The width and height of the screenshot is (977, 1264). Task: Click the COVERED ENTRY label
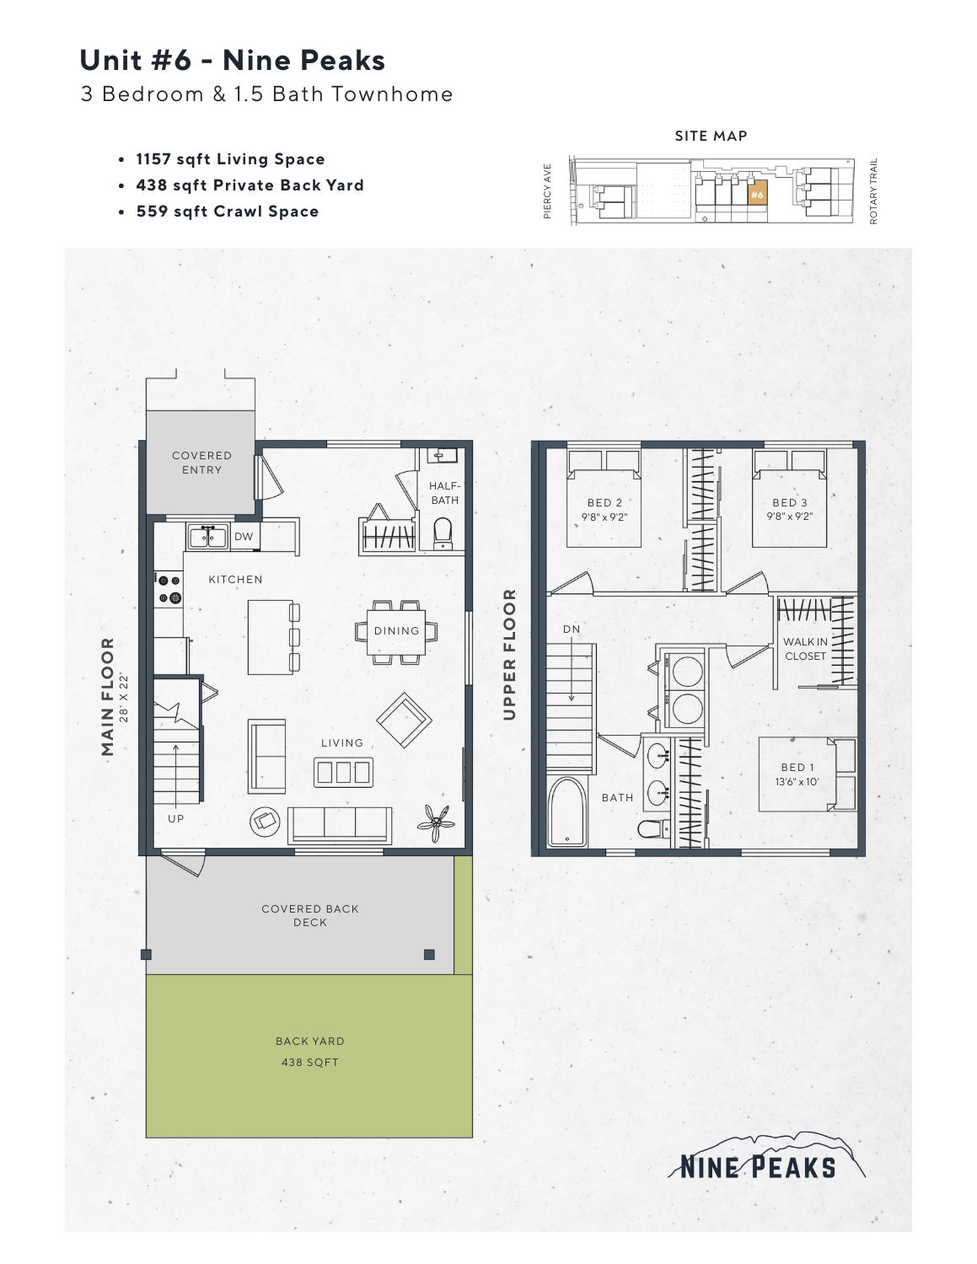(201, 463)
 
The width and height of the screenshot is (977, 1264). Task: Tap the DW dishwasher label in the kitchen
(244, 537)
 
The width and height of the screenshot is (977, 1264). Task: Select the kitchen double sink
(207, 536)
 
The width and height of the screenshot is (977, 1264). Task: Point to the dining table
(396, 631)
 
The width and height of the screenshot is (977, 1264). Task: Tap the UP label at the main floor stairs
(175, 818)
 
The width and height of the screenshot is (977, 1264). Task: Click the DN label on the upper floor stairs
(572, 629)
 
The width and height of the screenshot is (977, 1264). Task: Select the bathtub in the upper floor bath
(566, 811)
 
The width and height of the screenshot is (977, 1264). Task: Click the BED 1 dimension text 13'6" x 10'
(797, 782)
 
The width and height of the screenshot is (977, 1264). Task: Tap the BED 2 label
(604, 503)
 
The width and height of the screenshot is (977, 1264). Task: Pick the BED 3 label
(790, 503)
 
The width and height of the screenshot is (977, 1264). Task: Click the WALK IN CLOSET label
(805, 649)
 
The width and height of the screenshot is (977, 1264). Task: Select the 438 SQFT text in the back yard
(309, 1063)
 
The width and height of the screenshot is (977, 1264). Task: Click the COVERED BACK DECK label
(310, 915)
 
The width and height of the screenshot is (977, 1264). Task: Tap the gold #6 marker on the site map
(757, 195)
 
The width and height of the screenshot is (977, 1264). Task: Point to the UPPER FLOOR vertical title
(509, 655)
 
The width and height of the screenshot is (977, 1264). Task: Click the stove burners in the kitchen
(169, 589)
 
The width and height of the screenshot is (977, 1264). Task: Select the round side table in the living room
(266, 821)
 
